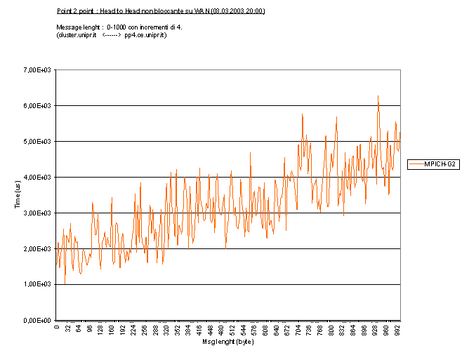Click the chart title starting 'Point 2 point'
tap(160, 11)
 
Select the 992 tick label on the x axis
tap(398, 330)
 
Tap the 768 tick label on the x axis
tap(321, 330)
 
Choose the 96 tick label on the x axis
tap(90, 331)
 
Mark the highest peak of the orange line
tap(378, 95)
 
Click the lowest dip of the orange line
tap(65, 284)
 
